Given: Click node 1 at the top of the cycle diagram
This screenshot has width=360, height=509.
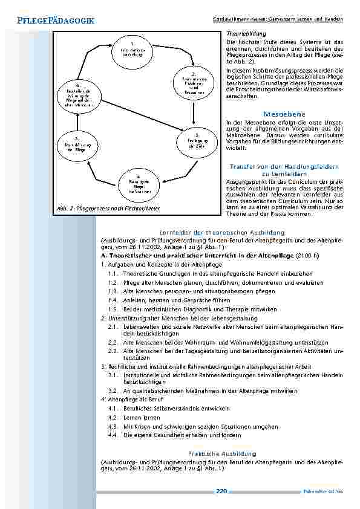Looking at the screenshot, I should tap(132, 50).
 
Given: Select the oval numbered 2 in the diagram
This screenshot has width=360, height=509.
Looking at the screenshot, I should tap(193, 85).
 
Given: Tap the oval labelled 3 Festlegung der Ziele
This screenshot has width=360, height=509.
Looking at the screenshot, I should tap(193, 142).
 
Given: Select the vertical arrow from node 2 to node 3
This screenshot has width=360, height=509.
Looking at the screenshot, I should tap(193, 113).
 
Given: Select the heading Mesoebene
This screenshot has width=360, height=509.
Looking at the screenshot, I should tap(284, 114).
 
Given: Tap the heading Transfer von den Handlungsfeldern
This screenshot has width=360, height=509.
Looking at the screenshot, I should tap(284, 166).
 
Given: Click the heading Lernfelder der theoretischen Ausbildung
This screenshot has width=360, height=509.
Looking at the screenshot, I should tap(222, 232).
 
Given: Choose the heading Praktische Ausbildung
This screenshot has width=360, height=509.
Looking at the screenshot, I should tap(222, 453).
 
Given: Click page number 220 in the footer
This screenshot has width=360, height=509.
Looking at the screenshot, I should tap(221, 491).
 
